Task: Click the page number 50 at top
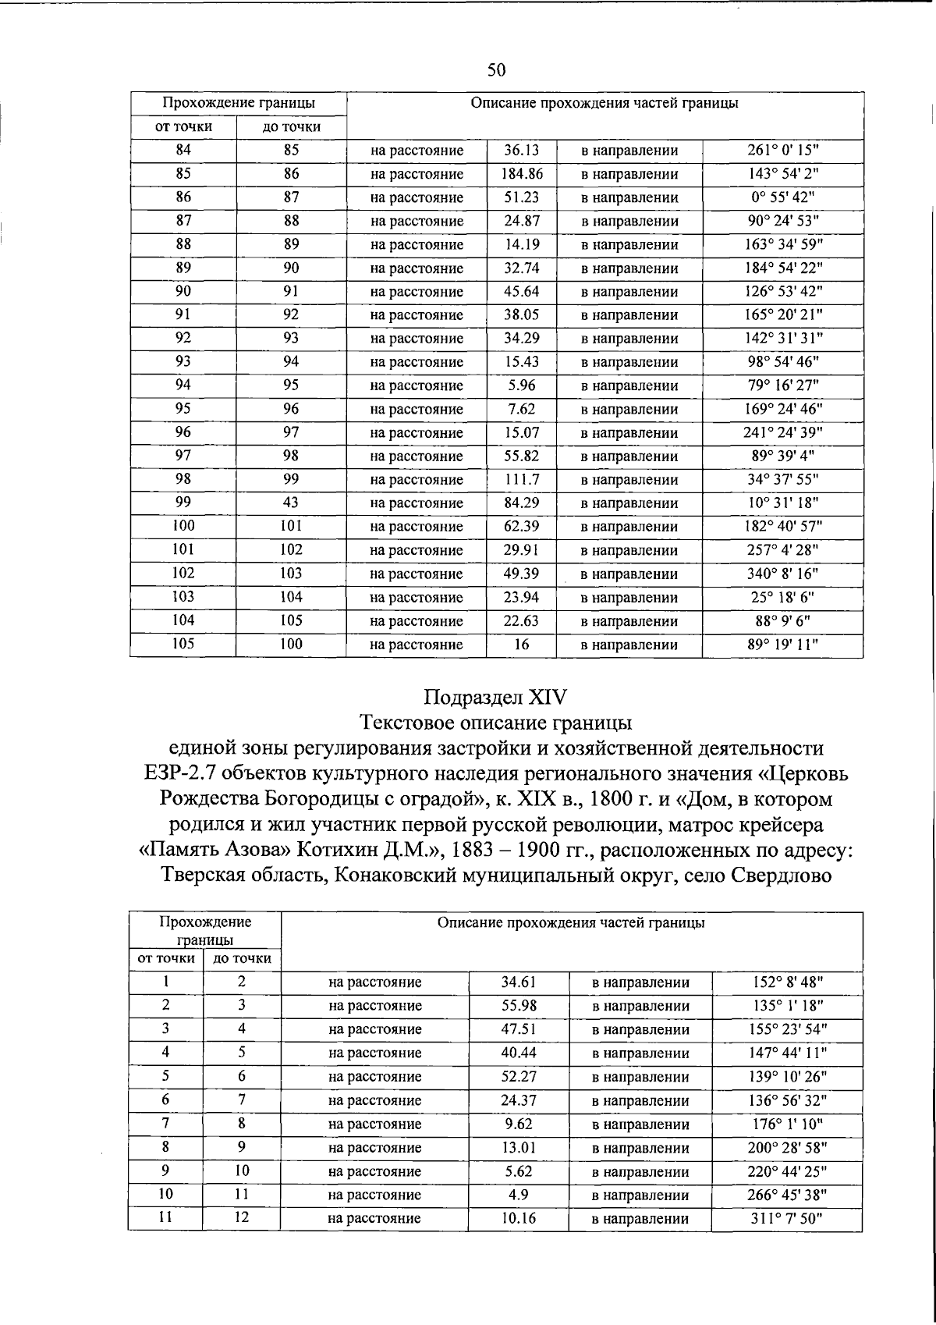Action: pyautogui.click(x=497, y=70)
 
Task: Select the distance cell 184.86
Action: pyautogui.click(x=521, y=174)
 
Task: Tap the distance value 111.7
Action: pyautogui.click(x=521, y=480)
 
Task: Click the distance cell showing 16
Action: pyautogui.click(x=521, y=645)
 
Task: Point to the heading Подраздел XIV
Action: pyautogui.click(x=496, y=695)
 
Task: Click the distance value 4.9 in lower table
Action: pyautogui.click(x=519, y=1195)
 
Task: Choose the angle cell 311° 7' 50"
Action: pyautogui.click(x=787, y=1218)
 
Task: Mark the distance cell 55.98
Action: pyautogui.click(x=519, y=1006)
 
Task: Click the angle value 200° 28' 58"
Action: pyautogui.click(x=787, y=1148)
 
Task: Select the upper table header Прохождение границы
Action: pyautogui.click(x=239, y=103)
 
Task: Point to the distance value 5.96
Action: pyautogui.click(x=521, y=385)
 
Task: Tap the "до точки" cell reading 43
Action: pyautogui.click(x=291, y=503)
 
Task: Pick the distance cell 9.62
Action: pyautogui.click(x=519, y=1124)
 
